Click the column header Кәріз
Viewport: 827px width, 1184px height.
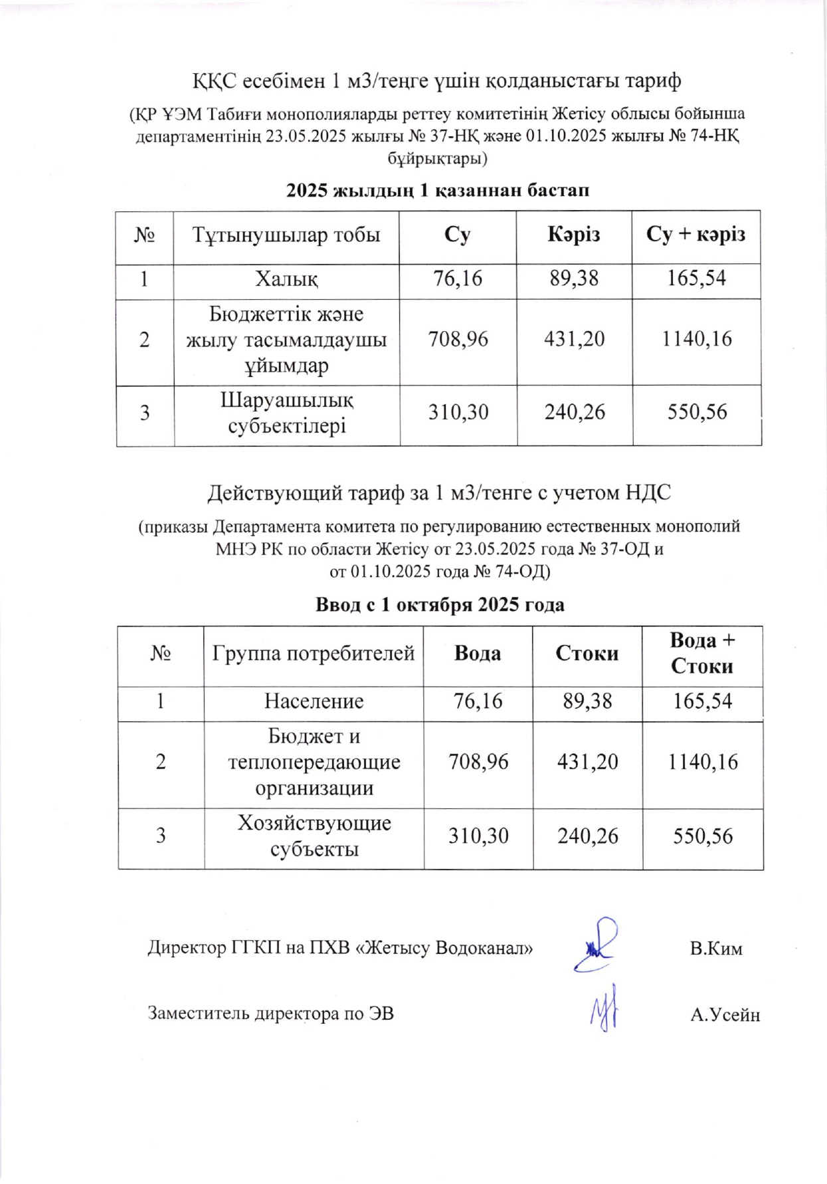pyautogui.click(x=573, y=235)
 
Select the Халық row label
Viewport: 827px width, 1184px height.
pyautogui.click(x=286, y=279)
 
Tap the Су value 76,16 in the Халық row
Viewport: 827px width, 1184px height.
pyautogui.click(x=458, y=279)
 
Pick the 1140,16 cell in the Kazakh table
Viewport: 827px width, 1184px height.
pyautogui.click(x=696, y=339)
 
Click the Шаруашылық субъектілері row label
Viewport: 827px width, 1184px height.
pyautogui.click(x=286, y=413)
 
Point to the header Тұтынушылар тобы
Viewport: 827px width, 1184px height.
pyautogui.click(x=286, y=235)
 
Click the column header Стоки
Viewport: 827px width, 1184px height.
pyautogui.click(x=587, y=653)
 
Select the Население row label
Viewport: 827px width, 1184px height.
pyautogui.click(x=314, y=701)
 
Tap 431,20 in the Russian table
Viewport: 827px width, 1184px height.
pyautogui.click(x=587, y=762)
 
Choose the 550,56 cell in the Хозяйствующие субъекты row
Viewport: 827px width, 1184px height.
pyautogui.click(x=702, y=836)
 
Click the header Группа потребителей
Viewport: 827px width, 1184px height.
pyautogui.click(x=314, y=653)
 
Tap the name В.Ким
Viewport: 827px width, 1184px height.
pyautogui.click(x=715, y=949)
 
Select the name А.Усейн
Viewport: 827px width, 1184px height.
pyautogui.click(x=725, y=1015)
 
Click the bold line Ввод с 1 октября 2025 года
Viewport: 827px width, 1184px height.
pyautogui.click(x=440, y=605)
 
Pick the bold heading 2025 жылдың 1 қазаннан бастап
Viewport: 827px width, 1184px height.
pyautogui.click(x=438, y=191)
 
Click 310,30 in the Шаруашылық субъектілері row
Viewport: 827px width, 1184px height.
pyautogui.click(x=458, y=413)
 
